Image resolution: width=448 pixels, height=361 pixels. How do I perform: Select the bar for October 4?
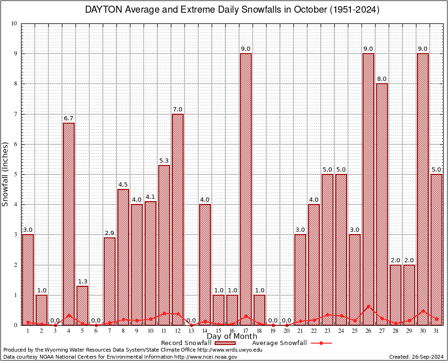(x=69, y=224)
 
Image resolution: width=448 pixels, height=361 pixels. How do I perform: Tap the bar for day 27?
(x=382, y=204)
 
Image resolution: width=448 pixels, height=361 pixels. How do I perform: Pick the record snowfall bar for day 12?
(x=178, y=219)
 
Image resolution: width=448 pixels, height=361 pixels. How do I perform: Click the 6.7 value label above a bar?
(x=69, y=118)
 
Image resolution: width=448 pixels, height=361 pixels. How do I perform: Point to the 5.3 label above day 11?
(x=164, y=161)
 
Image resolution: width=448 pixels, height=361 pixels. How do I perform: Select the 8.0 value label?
(x=382, y=79)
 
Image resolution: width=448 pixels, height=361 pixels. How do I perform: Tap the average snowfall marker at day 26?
(x=368, y=306)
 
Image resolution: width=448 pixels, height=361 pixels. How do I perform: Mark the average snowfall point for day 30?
(x=423, y=311)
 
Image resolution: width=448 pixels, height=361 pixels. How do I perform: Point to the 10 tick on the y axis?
(x=14, y=24)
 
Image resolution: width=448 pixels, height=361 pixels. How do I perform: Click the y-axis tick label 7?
(x=15, y=114)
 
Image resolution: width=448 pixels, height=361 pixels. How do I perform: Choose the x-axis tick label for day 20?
(x=286, y=331)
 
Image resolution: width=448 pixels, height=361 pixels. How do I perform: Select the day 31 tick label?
(x=436, y=331)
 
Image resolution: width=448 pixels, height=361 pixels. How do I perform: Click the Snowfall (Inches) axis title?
(x=6, y=174)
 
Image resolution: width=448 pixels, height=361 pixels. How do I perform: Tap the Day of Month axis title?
(x=232, y=337)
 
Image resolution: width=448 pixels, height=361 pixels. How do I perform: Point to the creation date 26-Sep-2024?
(x=428, y=357)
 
